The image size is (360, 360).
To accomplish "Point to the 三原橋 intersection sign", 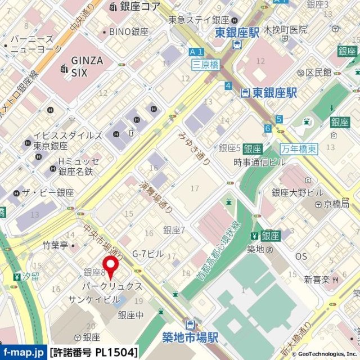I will click(205, 64).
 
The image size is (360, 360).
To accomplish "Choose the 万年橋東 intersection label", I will click(299, 149).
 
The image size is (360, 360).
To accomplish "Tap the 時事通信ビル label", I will click(259, 162).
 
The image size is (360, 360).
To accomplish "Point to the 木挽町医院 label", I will click(286, 29).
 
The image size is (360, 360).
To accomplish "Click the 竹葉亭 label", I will click(55, 245).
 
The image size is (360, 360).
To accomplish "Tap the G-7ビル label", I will click(147, 254).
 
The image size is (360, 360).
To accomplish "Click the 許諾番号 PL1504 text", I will click(94, 353).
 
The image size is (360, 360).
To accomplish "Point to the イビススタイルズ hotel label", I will click(67, 136).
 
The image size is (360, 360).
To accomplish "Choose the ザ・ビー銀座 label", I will click(48, 192).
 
